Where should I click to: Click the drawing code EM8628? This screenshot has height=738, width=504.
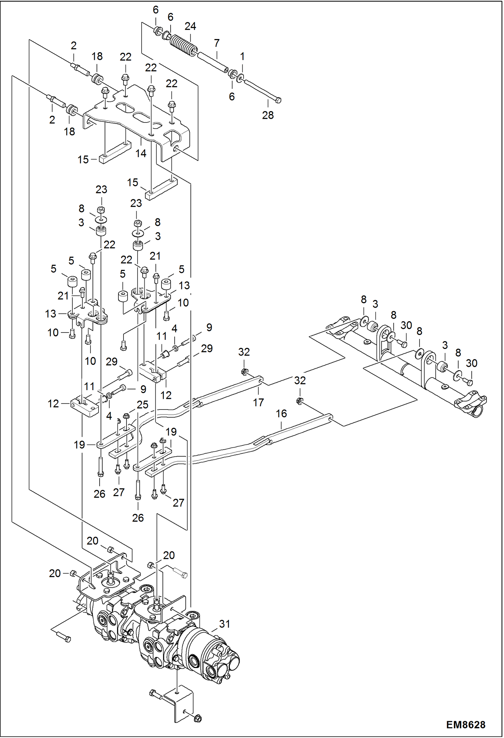(465, 725)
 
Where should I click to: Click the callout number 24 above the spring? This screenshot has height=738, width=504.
(190, 26)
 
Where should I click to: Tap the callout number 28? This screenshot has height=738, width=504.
(268, 115)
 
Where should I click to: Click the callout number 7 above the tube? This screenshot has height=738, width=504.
(217, 43)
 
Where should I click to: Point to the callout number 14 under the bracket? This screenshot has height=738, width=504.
(141, 153)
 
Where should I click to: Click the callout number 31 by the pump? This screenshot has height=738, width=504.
(224, 624)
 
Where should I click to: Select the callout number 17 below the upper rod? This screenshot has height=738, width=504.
(258, 402)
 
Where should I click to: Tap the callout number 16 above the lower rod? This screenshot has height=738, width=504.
(281, 414)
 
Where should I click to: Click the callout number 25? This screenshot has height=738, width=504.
(142, 405)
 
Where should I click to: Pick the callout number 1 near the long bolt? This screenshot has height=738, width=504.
(242, 57)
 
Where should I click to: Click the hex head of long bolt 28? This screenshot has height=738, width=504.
(278, 100)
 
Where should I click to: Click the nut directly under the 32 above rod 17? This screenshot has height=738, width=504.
(245, 372)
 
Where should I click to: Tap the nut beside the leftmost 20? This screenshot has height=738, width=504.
(73, 573)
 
